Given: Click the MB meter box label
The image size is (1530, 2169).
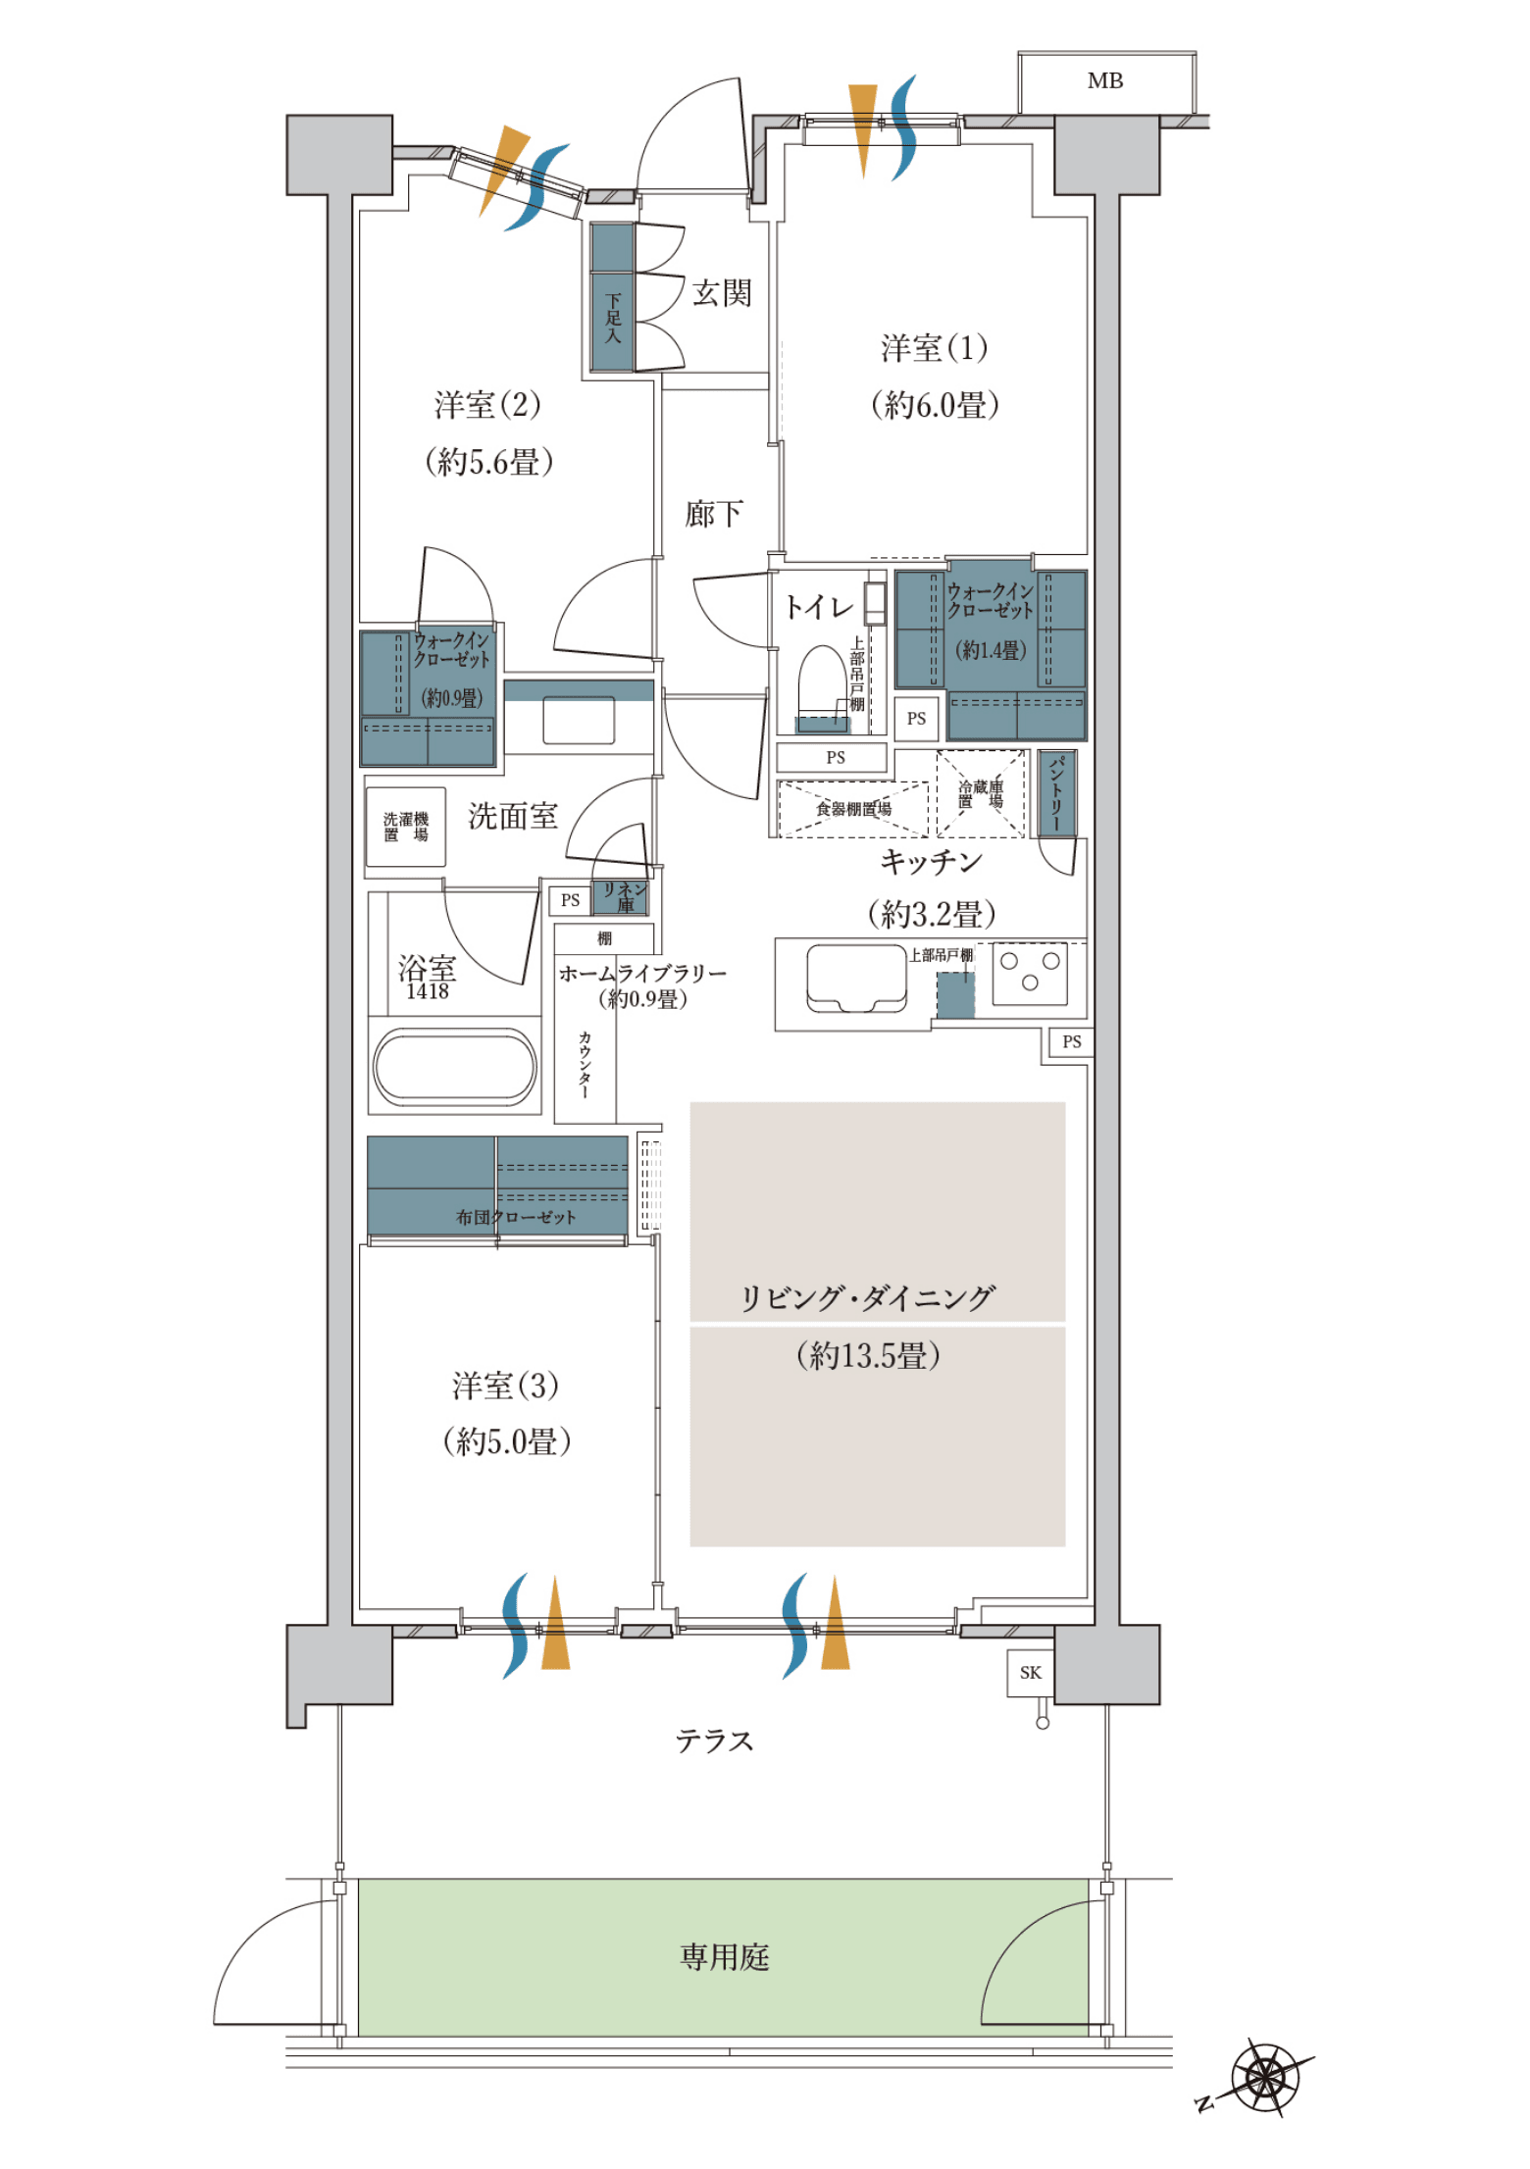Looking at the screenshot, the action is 1104,81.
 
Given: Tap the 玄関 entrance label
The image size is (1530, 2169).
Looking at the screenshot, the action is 722,292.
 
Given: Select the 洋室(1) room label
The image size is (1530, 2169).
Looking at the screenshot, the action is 934,348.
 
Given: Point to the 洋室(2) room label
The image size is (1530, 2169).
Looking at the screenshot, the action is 487,404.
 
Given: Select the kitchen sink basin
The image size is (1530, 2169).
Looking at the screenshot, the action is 856,978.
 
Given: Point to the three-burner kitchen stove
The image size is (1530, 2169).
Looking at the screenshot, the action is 1030,973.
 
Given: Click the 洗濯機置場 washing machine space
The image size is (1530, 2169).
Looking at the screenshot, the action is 406,827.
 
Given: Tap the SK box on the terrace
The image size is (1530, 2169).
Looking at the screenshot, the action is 1031,1673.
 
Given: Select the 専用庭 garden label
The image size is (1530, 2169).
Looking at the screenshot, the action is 725,1957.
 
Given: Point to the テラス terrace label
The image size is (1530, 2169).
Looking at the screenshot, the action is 714,1740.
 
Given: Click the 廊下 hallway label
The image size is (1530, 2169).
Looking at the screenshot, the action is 714,513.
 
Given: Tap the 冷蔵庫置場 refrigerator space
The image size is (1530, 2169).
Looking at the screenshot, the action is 981,793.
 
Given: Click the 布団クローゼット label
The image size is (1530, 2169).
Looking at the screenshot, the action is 516,1217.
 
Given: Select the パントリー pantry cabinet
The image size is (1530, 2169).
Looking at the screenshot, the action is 1056,793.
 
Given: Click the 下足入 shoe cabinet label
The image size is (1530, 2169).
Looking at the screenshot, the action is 613,318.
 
